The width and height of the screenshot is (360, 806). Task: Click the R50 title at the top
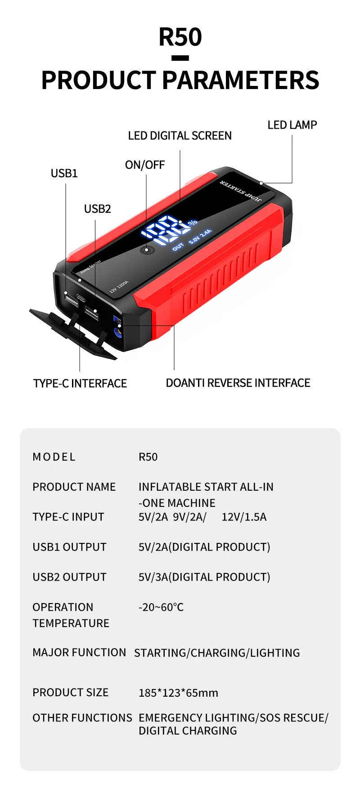tap(180, 37)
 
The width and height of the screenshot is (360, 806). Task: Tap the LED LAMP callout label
tap(292, 125)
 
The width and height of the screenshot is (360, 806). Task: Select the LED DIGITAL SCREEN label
tap(180, 136)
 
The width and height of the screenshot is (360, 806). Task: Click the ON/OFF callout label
tap(144, 165)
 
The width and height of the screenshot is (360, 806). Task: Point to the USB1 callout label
tap(64, 173)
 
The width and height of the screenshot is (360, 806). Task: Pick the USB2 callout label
tap(97, 209)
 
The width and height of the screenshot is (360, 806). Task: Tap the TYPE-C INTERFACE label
tap(80, 383)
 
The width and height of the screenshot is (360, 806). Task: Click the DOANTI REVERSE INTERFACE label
tap(238, 383)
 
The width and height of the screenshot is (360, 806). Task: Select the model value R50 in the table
tap(148, 457)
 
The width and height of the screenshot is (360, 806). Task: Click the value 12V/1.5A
tap(244, 517)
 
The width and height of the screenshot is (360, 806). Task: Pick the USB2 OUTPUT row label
tap(69, 577)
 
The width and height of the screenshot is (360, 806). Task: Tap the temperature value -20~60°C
tap(161, 607)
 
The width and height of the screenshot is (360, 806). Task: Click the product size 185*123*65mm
tap(178, 693)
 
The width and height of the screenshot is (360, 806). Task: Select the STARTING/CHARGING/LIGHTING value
tap(217, 653)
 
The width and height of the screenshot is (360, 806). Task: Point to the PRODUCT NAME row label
tap(74, 487)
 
